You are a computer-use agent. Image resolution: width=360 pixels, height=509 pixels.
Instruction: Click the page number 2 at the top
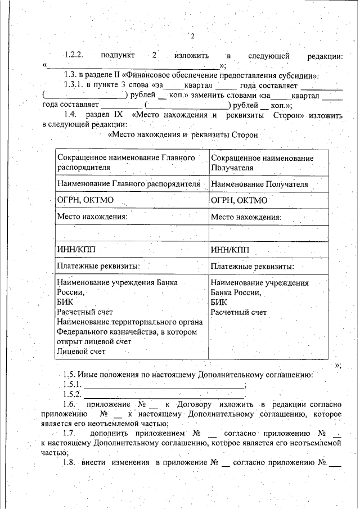click(x=192, y=37)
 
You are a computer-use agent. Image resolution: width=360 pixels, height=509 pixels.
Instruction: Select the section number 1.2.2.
click(x=73, y=56)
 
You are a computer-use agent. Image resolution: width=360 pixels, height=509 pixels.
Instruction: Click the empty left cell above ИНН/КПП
click(x=132, y=232)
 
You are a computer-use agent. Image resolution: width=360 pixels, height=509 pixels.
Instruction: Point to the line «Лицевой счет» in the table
click(x=81, y=352)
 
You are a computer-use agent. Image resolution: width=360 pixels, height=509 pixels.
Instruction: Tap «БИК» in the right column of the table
click(x=219, y=302)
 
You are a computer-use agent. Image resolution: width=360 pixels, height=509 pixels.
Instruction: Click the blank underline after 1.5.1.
click(x=164, y=385)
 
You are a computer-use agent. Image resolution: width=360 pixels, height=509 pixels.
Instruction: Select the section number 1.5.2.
click(x=73, y=395)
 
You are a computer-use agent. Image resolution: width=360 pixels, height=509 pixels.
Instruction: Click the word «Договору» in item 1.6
click(x=203, y=405)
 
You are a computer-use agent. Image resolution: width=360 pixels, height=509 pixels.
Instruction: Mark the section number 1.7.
click(x=69, y=434)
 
